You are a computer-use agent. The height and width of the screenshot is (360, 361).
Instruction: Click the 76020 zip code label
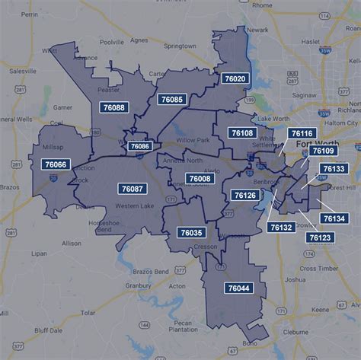(x=234, y=78)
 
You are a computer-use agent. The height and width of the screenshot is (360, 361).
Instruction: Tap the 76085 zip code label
(x=171, y=99)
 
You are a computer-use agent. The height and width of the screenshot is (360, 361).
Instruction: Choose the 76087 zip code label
(x=132, y=188)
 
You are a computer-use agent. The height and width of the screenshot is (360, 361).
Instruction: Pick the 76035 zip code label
(x=191, y=232)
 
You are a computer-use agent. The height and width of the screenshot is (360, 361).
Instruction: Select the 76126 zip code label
(x=245, y=196)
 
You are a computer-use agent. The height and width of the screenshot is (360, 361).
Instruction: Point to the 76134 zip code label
(x=333, y=218)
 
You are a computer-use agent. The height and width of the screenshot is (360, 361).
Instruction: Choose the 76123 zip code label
(x=320, y=237)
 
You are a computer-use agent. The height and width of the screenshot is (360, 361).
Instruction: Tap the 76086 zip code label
(x=140, y=146)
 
